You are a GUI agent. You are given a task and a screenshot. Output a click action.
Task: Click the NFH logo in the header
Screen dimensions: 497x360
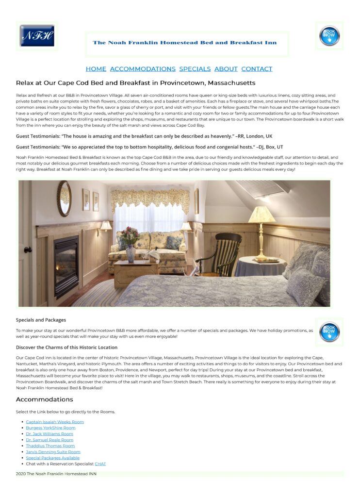click(37, 36)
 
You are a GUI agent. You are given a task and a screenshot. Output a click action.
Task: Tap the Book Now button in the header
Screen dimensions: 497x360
click(329, 36)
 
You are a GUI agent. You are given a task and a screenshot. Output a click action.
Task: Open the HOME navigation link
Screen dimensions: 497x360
click(96, 69)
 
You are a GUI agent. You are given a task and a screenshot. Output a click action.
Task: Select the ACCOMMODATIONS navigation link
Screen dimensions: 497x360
click(143, 69)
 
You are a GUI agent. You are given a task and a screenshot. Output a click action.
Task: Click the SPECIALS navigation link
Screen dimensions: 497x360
click(195, 69)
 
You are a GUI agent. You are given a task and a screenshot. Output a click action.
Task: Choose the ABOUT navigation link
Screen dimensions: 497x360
click(226, 69)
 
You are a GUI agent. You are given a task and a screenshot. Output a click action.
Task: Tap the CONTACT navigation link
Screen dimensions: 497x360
click(257, 69)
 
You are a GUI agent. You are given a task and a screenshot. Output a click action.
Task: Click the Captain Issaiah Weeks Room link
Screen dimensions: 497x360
click(55, 422)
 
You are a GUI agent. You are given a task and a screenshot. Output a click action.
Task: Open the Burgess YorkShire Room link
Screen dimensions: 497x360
click(50, 428)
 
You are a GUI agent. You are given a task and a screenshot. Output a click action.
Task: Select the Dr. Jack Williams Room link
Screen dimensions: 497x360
click(49, 434)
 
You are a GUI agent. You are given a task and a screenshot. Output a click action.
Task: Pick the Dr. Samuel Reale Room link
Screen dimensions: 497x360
click(49, 440)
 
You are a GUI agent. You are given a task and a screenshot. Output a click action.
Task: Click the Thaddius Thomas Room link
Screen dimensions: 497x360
click(50, 446)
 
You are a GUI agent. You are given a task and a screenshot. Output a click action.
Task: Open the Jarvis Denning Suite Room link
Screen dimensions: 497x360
click(53, 452)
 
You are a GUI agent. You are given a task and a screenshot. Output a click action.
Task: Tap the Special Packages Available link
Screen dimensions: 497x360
click(52, 458)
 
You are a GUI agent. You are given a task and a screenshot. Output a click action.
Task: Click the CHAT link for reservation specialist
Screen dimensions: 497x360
click(100, 464)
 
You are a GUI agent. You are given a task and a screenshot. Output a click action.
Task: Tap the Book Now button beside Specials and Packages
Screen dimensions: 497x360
click(329, 332)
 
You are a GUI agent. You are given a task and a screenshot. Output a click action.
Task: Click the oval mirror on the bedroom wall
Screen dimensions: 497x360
click(64, 199)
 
